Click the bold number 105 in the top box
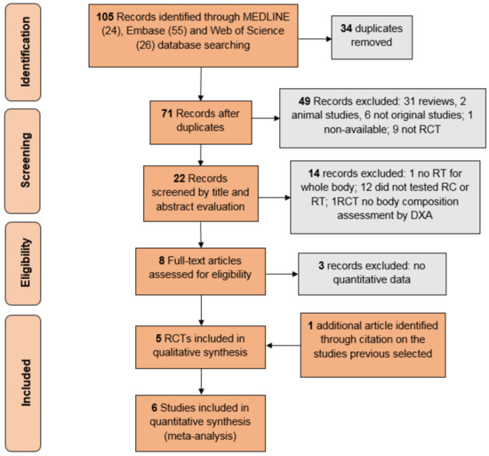pos(105,17)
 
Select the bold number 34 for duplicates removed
pos(347,28)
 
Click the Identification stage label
pos(25,52)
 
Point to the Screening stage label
pos(25,160)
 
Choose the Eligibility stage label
pos(25,262)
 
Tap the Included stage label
pos(26,383)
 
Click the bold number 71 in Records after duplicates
pos(167,114)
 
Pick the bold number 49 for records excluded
pos(304,101)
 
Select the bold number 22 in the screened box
pos(180,179)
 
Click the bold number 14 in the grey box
pos(314,173)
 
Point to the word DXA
pos(421,215)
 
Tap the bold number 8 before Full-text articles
pos(162,260)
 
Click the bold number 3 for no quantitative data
pos(321,266)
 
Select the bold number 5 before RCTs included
pos(158,339)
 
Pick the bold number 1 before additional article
pos(310,325)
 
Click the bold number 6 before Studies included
pos(154,408)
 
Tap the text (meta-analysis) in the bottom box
pos(200,436)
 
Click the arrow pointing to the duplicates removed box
pos(315,39)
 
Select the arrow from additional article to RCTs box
pos(284,346)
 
